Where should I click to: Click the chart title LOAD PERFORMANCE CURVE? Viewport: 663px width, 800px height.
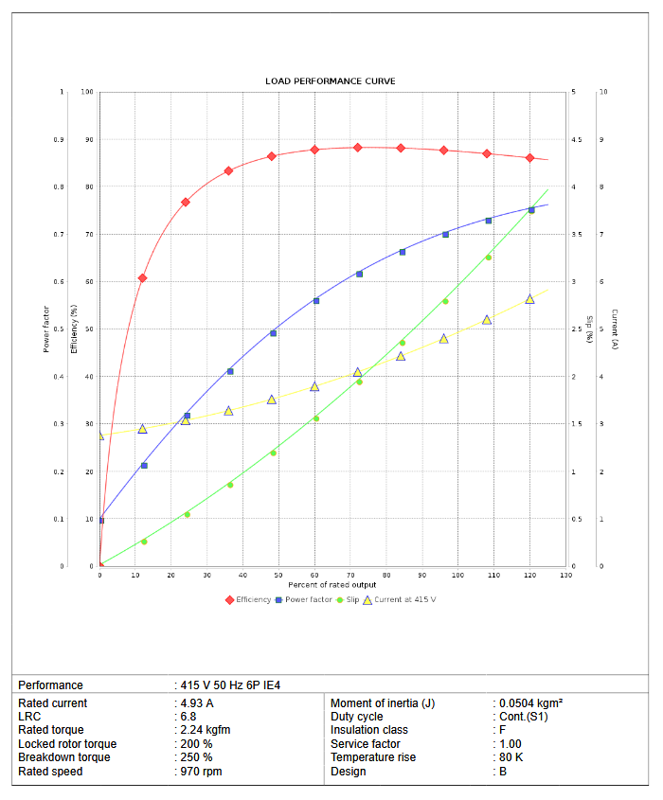[x=331, y=81]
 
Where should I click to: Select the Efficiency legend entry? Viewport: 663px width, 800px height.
[x=252, y=599]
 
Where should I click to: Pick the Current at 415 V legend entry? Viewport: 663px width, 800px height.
[x=404, y=599]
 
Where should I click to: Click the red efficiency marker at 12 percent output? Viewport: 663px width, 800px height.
[x=142, y=278]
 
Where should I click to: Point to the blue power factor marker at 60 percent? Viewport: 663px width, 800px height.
[x=316, y=301]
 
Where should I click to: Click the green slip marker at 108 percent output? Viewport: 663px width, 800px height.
[x=489, y=258]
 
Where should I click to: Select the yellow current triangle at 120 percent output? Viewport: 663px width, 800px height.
[x=529, y=299]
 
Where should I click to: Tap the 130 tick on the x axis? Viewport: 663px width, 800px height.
[x=565, y=576]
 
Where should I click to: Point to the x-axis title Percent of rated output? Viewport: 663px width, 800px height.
[x=331, y=585]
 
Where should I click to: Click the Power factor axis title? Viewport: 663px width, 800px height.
[x=45, y=329]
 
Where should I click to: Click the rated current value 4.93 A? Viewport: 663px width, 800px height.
[x=196, y=703]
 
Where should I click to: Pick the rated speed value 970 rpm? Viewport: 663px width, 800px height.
[x=200, y=772]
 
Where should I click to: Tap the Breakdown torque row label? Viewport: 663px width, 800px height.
[x=63, y=757]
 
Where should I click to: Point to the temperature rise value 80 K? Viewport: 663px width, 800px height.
[x=512, y=757]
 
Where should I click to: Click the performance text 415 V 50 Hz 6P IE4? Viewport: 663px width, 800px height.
[x=230, y=685]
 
